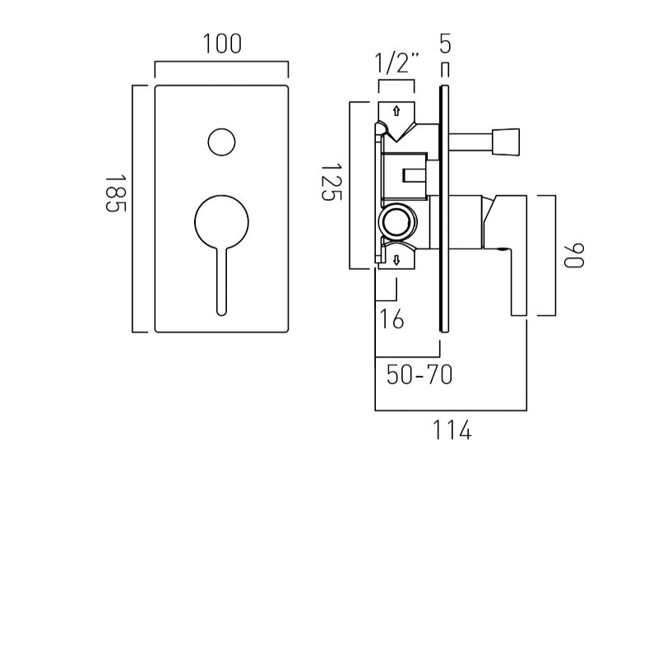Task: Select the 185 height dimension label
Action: [x=114, y=194]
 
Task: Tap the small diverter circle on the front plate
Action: [x=221, y=142]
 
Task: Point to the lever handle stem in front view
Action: [x=221, y=280]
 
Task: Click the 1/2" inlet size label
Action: [x=396, y=63]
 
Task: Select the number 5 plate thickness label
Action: [x=445, y=44]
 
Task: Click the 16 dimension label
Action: [x=392, y=318]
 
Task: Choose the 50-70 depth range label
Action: [x=419, y=375]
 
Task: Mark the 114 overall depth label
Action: [x=452, y=429]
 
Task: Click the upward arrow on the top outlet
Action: [x=396, y=110]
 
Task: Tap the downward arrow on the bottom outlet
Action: [x=396, y=260]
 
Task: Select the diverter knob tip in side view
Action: [x=507, y=141]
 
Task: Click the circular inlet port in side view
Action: [x=396, y=221]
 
